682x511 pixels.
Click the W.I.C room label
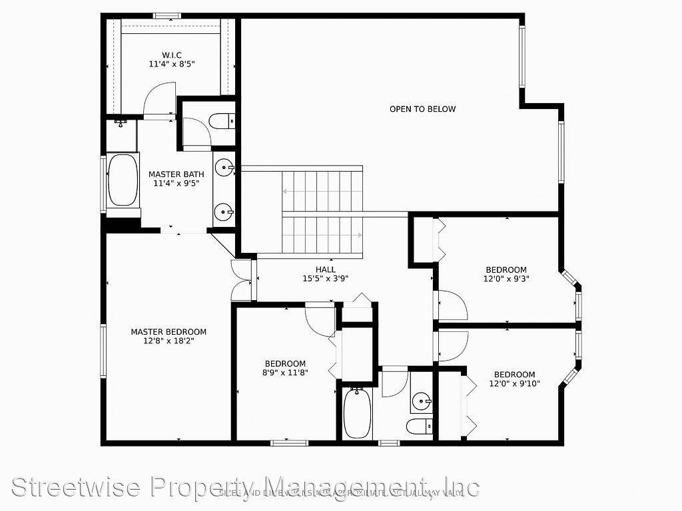point(171,55)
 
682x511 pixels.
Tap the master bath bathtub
point(122,180)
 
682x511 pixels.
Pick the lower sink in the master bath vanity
point(224,213)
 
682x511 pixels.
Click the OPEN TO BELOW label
point(423,109)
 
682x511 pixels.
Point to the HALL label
point(326,269)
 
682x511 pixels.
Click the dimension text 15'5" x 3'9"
point(326,279)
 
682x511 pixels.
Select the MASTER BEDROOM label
point(169,331)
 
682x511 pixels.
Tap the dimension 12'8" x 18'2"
point(169,341)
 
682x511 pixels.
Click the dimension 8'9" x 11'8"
point(285,373)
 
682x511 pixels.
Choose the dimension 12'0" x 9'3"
point(506,279)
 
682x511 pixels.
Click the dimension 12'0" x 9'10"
point(514,383)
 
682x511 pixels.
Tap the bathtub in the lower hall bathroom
point(357,413)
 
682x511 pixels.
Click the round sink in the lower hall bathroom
point(422,401)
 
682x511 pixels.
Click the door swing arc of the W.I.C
point(160,98)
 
